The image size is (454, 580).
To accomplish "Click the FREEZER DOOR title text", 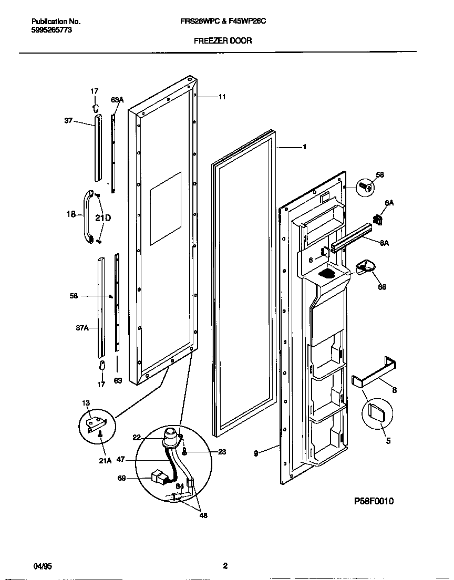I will (223, 40).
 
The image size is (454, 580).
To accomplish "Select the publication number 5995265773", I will (52, 30).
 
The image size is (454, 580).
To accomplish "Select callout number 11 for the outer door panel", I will (222, 97).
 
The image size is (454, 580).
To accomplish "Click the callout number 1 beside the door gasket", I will (304, 147).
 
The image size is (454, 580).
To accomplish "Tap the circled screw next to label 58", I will (367, 186).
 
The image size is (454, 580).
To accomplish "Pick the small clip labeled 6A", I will (376, 219).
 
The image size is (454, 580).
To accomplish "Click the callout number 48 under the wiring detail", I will (203, 515).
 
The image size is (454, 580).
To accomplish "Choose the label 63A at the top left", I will (117, 99).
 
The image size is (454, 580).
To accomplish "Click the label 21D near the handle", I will (103, 217).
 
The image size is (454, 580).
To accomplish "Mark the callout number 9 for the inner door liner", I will (256, 453).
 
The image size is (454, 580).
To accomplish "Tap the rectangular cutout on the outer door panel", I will (166, 209).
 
